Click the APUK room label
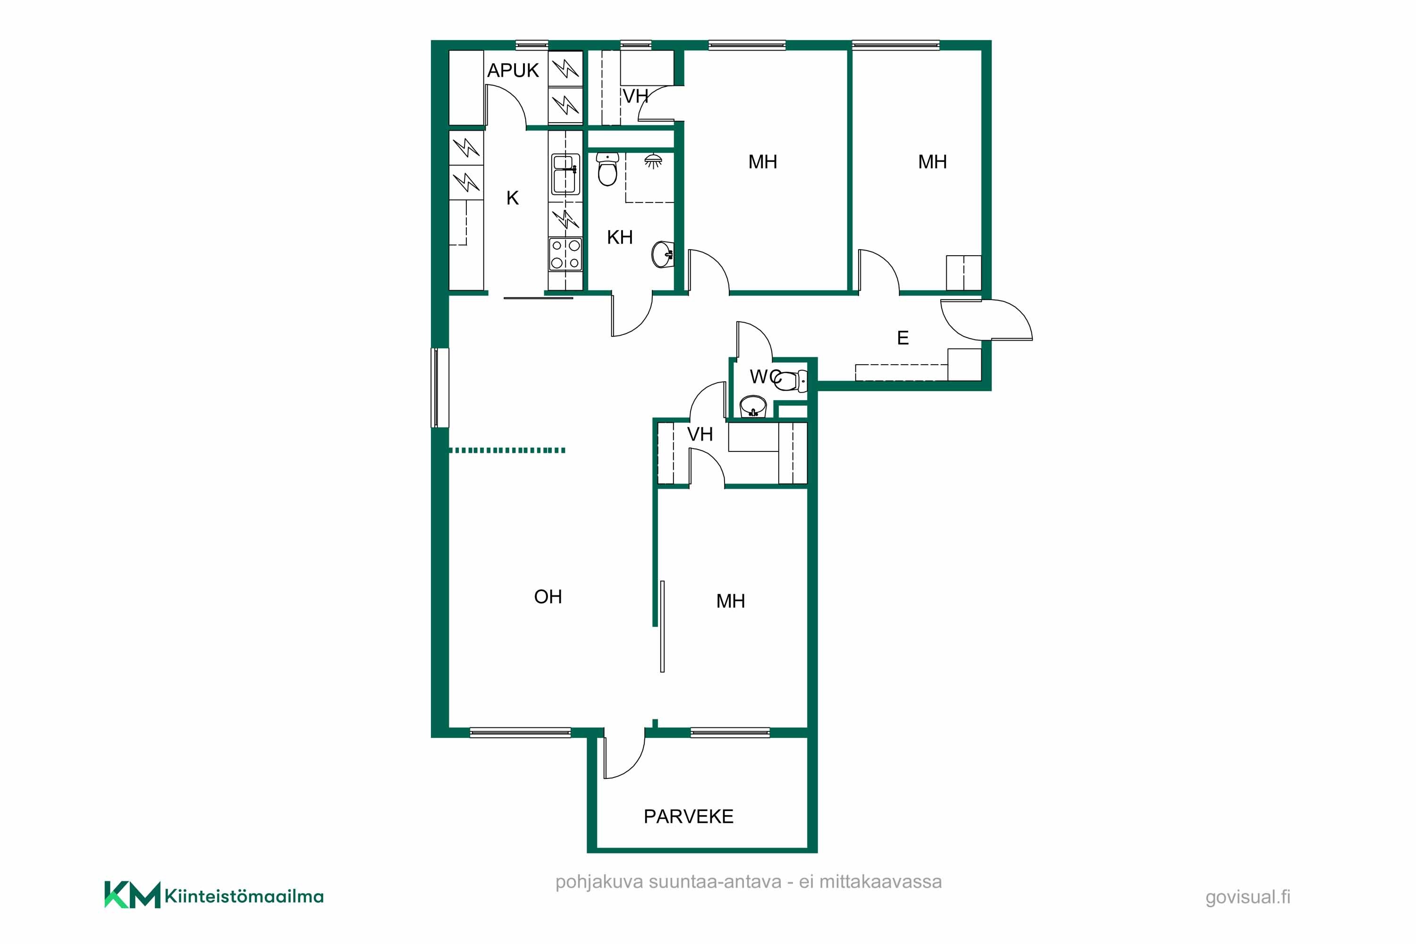pyautogui.click(x=513, y=70)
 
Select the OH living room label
pyautogui.click(x=548, y=597)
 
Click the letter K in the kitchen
pyautogui.click(x=513, y=198)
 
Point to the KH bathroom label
pyautogui.click(x=620, y=237)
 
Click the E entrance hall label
pyautogui.click(x=902, y=338)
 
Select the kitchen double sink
pyautogui.click(x=565, y=175)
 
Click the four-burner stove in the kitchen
pyautogui.click(x=565, y=254)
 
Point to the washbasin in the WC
pyautogui.click(x=753, y=406)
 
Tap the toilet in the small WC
pyautogui.click(x=791, y=381)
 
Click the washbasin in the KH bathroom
pyautogui.click(x=663, y=254)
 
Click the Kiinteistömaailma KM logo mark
pyautogui.click(x=132, y=894)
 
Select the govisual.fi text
pyautogui.click(x=1247, y=897)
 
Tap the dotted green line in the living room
pyautogui.click(x=507, y=451)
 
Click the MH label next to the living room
pyautogui.click(x=731, y=601)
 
